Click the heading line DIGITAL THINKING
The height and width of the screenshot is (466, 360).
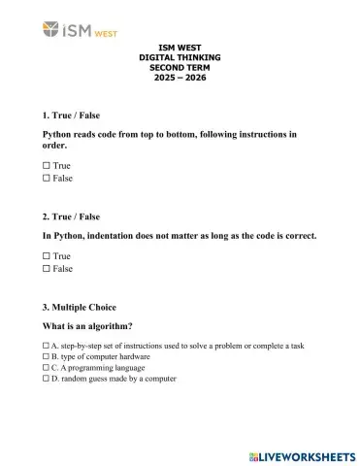[x=180, y=58]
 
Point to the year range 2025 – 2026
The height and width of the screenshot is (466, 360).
[x=180, y=77]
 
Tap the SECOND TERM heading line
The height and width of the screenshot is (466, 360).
[x=180, y=68]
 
